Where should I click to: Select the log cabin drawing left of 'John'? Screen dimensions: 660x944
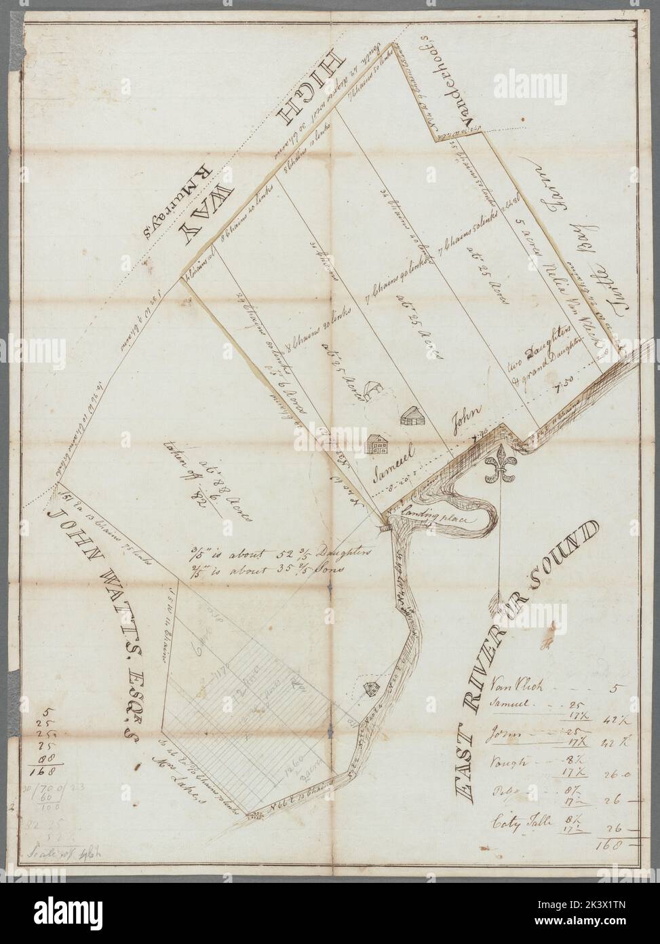point(410,416)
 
